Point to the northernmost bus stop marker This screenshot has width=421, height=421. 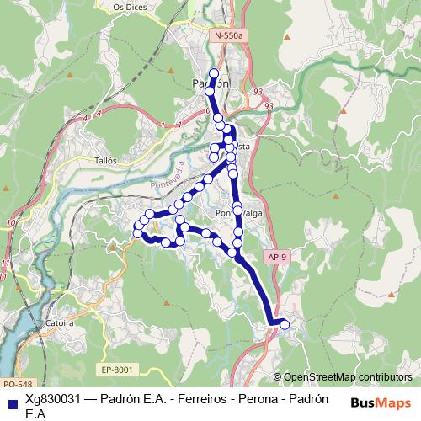click(x=214, y=73)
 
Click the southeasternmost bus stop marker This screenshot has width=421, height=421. click(x=285, y=324)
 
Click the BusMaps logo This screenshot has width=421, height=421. click(x=381, y=402)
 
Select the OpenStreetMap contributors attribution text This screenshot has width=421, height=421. click(x=348, y=376)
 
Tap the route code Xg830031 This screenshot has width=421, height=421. click(x=55, y=401)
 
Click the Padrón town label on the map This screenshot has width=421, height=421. click(x=210, y=83)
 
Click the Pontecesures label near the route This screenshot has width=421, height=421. click(x=237, y=214)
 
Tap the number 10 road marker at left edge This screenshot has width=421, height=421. click(x=8, y=222)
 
